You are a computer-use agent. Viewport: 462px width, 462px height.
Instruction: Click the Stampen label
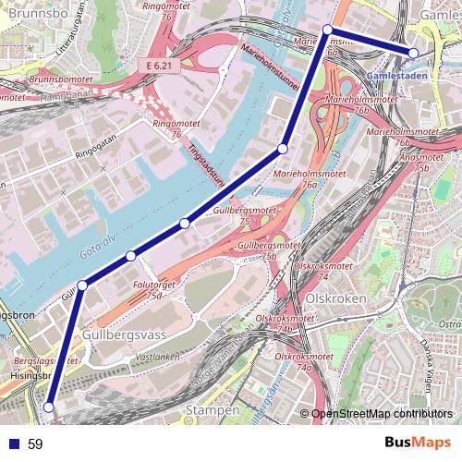212,407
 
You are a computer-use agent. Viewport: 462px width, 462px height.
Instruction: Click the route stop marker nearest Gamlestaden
414,54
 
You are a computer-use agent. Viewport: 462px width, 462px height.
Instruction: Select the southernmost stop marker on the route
49,406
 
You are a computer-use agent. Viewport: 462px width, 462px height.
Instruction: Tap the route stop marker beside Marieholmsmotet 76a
283,148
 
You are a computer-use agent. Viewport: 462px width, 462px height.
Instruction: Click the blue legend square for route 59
10,444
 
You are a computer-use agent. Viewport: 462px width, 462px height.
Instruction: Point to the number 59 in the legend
35,444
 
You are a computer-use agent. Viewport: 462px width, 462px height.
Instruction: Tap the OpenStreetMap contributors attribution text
384,413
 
